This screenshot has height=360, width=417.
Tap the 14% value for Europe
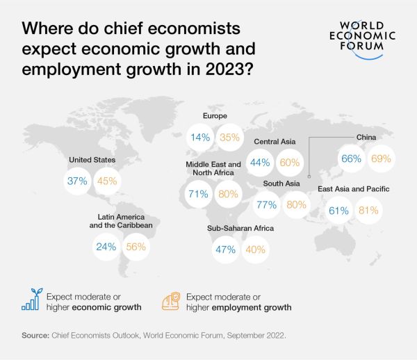click(x=200, y=138)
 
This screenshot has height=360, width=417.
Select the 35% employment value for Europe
click(x=229, y=138)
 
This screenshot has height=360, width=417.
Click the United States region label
click(x=92, y=160)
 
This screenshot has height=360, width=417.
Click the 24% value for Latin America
click(x=106, y=245)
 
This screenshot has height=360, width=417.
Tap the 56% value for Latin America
click(x=135, y=245)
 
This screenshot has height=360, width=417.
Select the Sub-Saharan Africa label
click(x=240, y=228)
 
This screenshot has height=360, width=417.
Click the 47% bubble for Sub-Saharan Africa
click(x=225, y=249)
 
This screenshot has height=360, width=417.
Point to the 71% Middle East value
click(x=198, y=194)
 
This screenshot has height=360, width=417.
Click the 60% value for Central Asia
click(x=288, y=163)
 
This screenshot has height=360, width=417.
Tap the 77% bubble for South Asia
click(x=266, y=205)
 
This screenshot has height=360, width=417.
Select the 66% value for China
click(x=351, y=158)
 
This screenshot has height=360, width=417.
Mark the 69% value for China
click(x=380, y=158)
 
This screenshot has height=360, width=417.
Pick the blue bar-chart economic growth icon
click(x=31, y=300)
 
